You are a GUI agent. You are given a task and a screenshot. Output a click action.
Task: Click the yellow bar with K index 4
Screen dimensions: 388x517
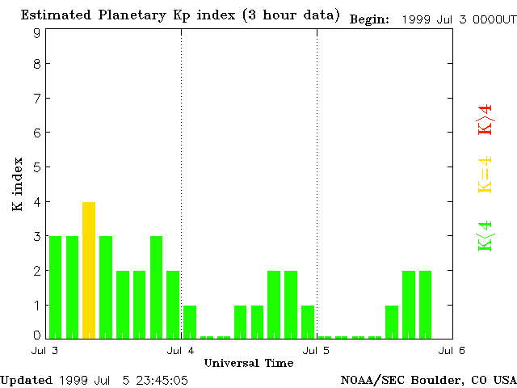point(89,270)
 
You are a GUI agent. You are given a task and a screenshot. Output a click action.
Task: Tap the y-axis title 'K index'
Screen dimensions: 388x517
point(17,184)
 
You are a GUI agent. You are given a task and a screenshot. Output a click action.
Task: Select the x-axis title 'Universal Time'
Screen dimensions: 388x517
point(249,363)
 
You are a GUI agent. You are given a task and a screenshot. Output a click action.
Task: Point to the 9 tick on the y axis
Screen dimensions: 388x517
point(37,33)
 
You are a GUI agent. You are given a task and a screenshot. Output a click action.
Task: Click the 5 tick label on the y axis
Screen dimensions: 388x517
point(37,167)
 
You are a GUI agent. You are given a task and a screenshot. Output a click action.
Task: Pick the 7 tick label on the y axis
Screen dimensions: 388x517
point(37,99)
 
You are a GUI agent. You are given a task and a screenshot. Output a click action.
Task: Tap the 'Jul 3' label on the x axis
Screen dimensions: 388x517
point(45,350)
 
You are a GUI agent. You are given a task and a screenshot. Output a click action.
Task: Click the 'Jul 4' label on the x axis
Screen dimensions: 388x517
point(181,350)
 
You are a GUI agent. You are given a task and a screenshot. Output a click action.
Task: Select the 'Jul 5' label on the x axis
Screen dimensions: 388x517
point(317,350)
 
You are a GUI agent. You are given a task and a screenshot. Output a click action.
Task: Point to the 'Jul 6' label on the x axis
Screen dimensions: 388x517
point(452,350)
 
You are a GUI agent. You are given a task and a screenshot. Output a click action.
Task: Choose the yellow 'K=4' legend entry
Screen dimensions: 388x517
point(485,175)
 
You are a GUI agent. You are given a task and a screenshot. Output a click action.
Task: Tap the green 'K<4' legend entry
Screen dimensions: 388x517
point(485,235)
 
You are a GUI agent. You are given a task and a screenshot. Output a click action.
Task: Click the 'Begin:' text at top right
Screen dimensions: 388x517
point(369,19)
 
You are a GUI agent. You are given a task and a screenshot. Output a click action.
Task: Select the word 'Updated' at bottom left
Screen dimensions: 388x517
point(26,379)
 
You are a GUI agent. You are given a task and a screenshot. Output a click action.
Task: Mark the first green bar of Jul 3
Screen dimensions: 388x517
point(55,287)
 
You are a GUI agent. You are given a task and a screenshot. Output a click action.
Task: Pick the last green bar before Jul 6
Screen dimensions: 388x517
point(425,304)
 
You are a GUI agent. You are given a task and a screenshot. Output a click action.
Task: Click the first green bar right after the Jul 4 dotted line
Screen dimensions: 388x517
point(190,322)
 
